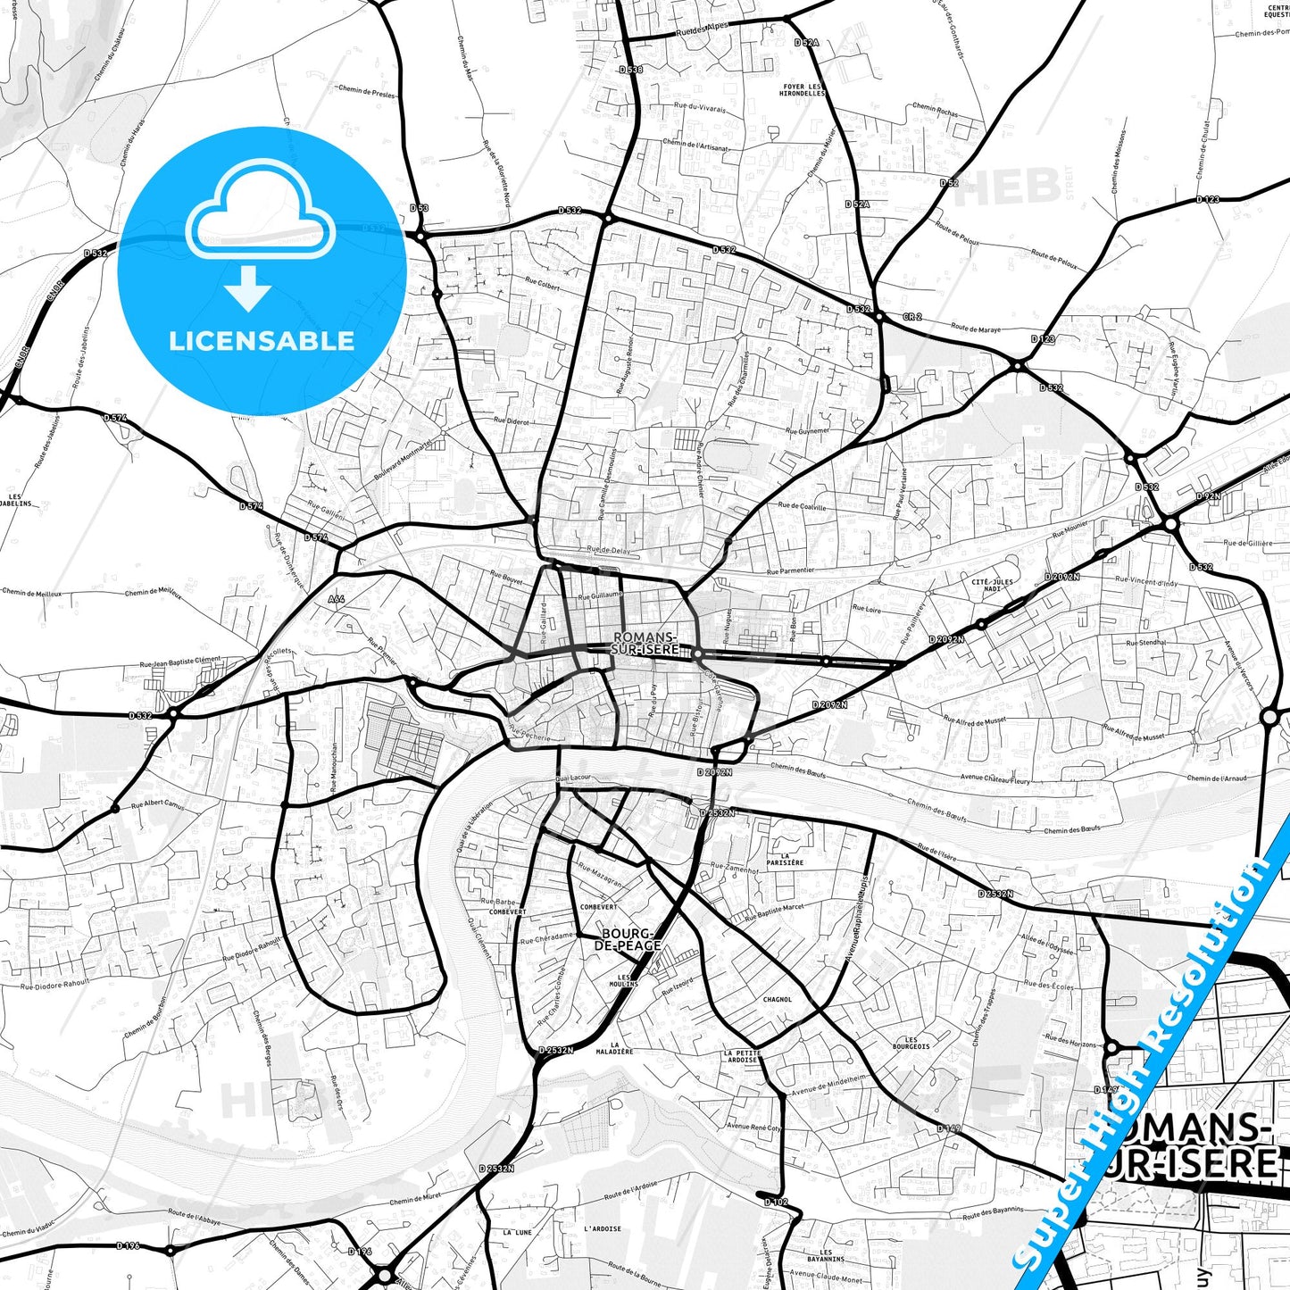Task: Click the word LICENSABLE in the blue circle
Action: tap(262, 341)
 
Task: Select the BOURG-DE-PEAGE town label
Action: tap(630, 940)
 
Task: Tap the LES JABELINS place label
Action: tap(20, 500)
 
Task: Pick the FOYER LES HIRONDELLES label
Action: tap(803, 90)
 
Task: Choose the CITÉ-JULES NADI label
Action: tap(992, 586)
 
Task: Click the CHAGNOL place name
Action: tap(777, 1000)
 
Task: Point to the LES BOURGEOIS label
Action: tap(911, 1043)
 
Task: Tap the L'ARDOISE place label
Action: tap(603, 1228)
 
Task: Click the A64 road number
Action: tap(336, 599)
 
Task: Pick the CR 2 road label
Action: tap(911, 317)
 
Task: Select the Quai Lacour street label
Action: tap(572, 778)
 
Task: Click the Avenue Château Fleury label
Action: tap(995, 779)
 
